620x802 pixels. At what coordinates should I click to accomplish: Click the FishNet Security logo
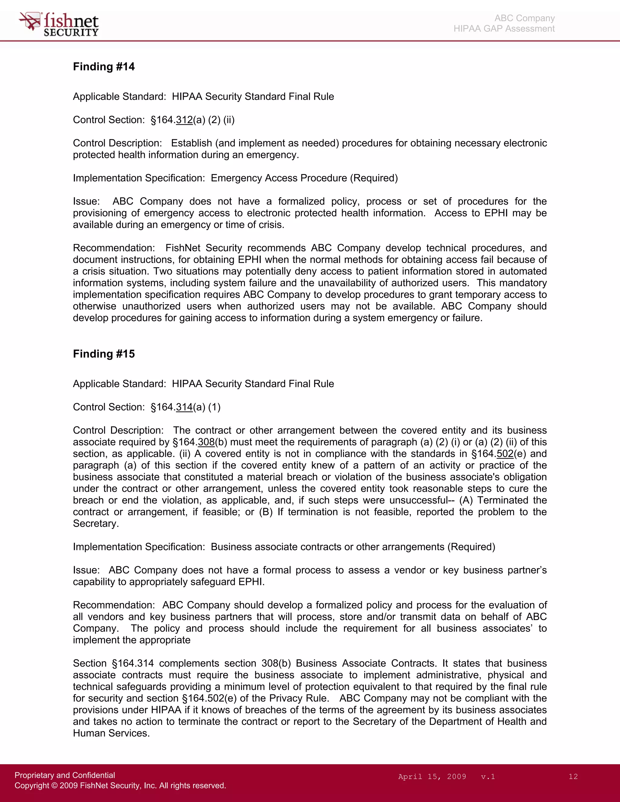(59, 24)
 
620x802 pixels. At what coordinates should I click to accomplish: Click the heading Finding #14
(104, 67)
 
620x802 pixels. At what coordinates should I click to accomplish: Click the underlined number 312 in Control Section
(184, 120)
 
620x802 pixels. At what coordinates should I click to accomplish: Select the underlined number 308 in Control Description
(206, 442)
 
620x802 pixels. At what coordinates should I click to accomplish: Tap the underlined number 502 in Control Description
(505, 454)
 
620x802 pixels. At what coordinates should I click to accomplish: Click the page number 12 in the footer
(573, 777)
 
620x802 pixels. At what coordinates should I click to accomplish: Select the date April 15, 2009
(432, 777)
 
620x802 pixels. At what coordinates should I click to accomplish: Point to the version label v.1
(488, 777)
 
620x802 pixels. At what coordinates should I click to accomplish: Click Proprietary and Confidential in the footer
(65, 775)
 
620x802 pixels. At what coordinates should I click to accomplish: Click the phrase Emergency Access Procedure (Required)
(304, 178)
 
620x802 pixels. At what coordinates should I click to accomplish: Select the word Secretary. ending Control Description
(95, 524)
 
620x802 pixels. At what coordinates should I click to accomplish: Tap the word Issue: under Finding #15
(86, 570)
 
